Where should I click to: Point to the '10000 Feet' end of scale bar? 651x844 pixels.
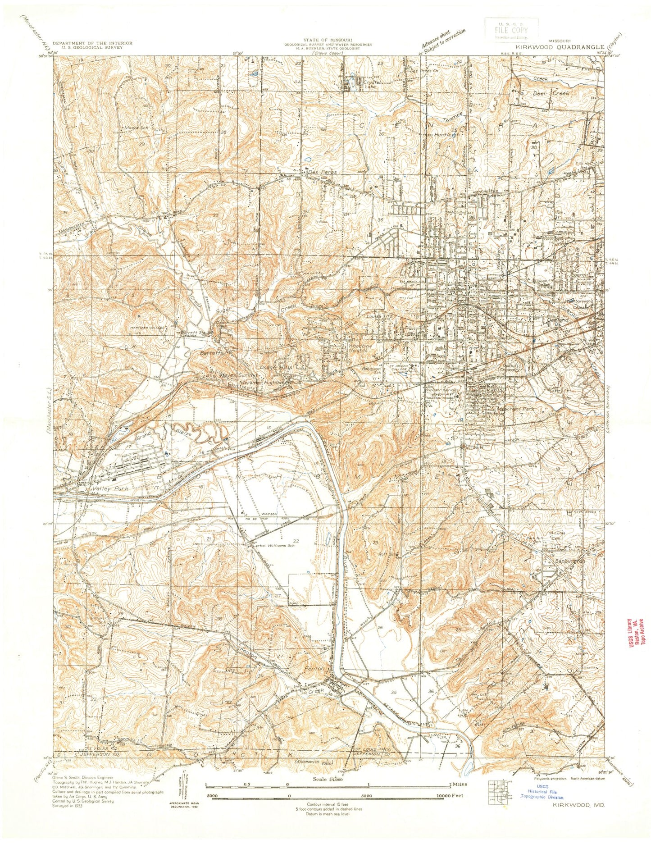click(452, 808)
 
